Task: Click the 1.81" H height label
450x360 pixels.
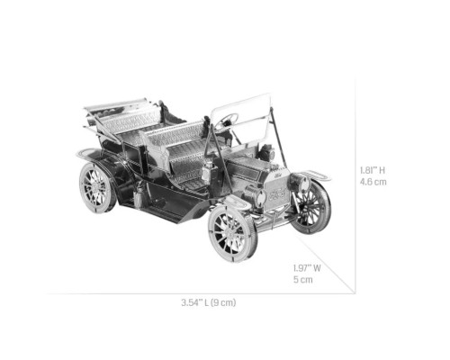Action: coord(373,170)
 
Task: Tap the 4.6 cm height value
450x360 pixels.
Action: coord(373,182)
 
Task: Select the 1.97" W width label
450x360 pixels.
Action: coord(307,268)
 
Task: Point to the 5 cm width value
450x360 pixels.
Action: coord(303,280)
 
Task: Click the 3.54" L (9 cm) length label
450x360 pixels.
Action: coord(209,302)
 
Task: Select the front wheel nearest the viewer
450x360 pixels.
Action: coord(233,234)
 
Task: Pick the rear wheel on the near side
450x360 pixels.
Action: coord(97,187)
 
